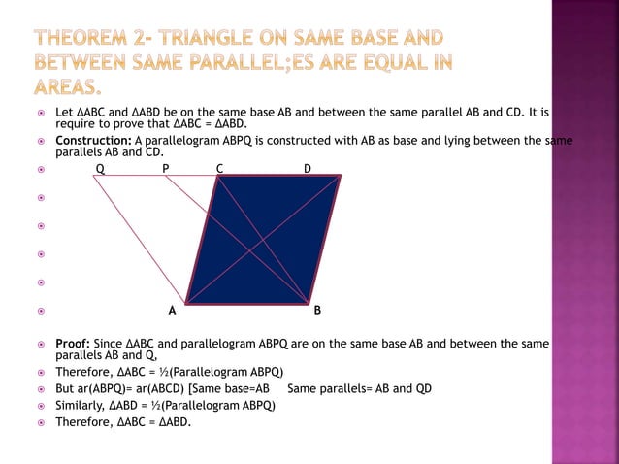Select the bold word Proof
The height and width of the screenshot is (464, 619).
(72, 344)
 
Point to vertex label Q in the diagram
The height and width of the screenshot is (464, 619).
(99, 169)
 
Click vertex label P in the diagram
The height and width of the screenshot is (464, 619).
(166, 169)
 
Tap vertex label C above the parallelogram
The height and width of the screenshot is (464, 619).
(220, 169)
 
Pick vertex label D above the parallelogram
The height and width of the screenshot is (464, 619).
(308, 169)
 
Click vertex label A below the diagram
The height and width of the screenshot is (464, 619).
(172, 312)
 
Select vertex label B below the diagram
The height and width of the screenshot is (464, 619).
(317, 312)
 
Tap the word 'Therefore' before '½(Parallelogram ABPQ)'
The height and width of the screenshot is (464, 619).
(83, 372)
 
